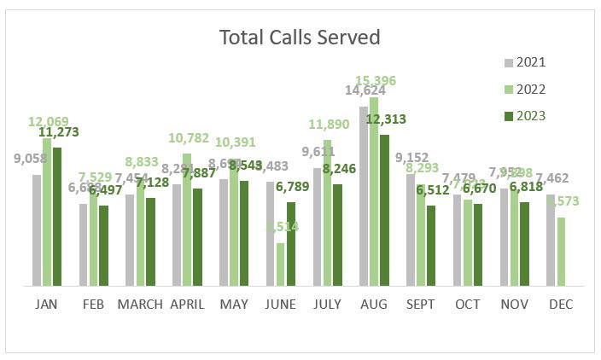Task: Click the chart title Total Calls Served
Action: pyautogui.click(x=300, y=38)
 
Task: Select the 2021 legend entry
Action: pyautogui.click(x=524, y=62)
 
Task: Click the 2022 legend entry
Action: pyautogui.click(x=524, y=89)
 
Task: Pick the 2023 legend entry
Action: pyautogui.click(x=524, y=116)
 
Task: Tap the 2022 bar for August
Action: pyautogui.click(x=374, y=192)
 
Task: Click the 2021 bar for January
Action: pyautogui.click(x=37, y=230)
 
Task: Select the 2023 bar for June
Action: pyautogui.click(x=291, y=244)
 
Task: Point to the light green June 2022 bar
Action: pyautogui.click(x=281, y=264)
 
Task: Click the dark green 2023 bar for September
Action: pyautogui.click(x=431, y=246)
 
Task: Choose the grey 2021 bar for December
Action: pyautogui.click(x=551, y=241)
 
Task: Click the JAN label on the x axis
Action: pyautogui.click(x=47, y=305)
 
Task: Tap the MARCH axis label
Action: pyautogui.click(x=140, y=305)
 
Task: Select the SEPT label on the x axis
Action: pyautogui.click(x=421, y=305)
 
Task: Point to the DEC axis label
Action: pyautogui.click(x=561, y=305)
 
